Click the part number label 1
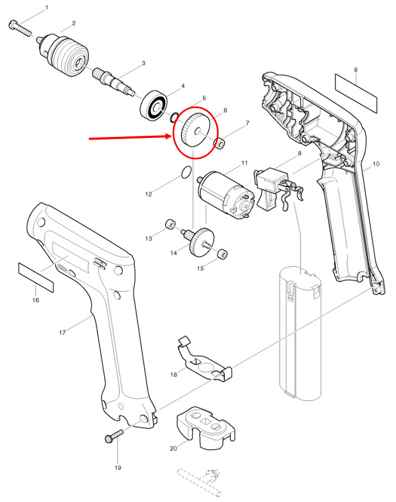pos(47,8)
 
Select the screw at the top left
pos(20,28)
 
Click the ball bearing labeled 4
pos(154,106)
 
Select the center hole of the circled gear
pos(198,130)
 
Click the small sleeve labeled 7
pos(220,143)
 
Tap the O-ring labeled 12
pos(186,172)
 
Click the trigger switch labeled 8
pos(278,189)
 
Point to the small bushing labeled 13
pos(170,224)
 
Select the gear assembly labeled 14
pos(198,242)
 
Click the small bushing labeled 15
pos(223,253)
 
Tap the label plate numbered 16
pos(36,278)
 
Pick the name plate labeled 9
pos(356,93)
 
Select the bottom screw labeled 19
pos(114,436)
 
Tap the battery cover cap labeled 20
pos(206,428)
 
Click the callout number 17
pos(62,333)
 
